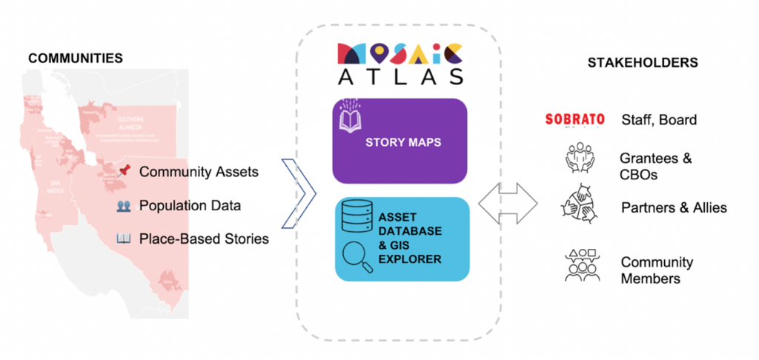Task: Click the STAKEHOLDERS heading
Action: click(643, 63)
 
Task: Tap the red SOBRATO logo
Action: click(574, 119)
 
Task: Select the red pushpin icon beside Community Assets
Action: click(124, 172)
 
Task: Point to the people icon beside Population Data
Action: click(124, 206)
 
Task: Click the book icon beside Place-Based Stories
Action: click(124, 239)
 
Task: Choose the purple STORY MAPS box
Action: click(400, 141)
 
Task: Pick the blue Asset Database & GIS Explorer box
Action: click(402, 239)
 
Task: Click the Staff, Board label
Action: click(657, 120)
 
